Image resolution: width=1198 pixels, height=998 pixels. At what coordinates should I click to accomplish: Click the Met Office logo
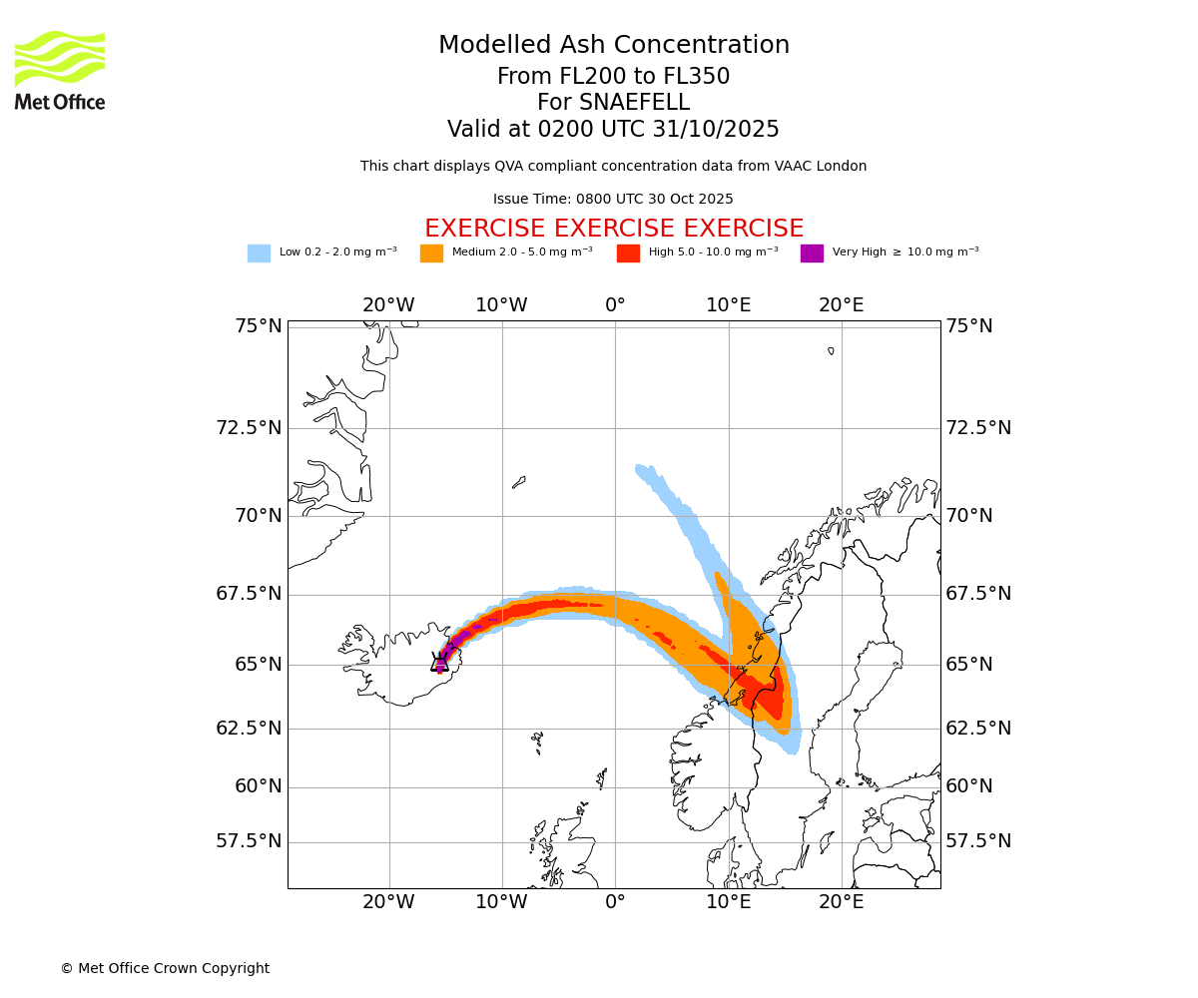pos(60,70)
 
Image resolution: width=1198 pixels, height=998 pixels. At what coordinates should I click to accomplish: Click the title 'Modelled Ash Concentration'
pos(614,45)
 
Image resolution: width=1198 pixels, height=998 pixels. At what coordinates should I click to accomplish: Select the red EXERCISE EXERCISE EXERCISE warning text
pos(614,229)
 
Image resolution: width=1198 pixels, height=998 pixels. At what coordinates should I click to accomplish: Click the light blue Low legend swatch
pos(259,253)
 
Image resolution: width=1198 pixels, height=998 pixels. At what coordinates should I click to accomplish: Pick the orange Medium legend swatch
pos(431,253)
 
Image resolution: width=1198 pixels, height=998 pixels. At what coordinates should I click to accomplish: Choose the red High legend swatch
pos(628,253)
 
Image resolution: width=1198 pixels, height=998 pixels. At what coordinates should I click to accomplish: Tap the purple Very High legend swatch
pos(812,253)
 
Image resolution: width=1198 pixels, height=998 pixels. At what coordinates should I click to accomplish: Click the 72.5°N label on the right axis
pos(978,428)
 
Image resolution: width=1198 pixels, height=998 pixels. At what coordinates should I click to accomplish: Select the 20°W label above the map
pos(388,305)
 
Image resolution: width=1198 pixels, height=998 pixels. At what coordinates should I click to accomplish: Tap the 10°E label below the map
pos(729,903)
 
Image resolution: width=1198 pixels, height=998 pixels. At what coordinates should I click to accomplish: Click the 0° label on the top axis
pos(615,305)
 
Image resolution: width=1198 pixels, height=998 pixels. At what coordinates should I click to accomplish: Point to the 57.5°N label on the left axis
pos(249,841)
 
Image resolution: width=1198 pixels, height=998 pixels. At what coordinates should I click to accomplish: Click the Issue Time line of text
pos(613,200)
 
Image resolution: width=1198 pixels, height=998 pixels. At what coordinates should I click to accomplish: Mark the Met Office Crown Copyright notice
pos(165,968)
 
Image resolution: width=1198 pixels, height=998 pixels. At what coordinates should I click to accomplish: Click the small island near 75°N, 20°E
pos(831,350)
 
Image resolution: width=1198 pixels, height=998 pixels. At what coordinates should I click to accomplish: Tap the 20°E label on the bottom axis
pos(842,903)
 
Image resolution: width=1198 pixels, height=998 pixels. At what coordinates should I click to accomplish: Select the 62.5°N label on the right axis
pos(978,729)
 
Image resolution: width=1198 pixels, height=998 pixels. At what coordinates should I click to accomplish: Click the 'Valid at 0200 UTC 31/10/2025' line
pos(613,130)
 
